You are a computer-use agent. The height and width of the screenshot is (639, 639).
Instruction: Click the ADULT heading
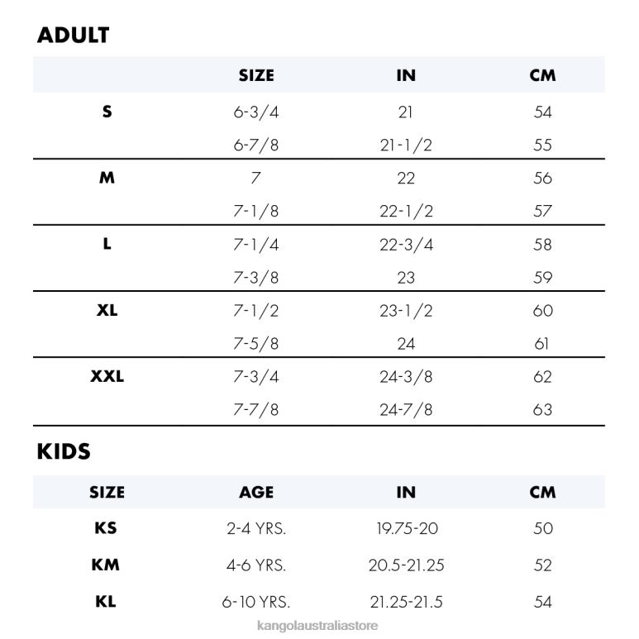pos(74,36)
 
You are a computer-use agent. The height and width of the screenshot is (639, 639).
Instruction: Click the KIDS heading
pos(64,452)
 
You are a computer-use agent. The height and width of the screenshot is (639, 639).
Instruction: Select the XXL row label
pos(107,377)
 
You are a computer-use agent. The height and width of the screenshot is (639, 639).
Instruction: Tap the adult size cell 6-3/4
pos(256,112)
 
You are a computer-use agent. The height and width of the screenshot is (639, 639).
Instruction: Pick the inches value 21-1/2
pos(406,145)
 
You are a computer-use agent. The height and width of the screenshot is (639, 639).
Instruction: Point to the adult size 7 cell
pos(256,179)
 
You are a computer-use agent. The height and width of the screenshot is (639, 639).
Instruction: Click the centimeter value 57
pos(543,212)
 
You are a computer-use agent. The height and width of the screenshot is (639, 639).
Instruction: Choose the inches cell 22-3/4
pos(406,245)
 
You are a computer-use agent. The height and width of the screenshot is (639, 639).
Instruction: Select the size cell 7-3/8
pos(256,278)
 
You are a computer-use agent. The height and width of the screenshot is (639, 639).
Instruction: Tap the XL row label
pos(107,311)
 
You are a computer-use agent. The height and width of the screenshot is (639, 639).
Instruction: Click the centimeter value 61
pos(543,344)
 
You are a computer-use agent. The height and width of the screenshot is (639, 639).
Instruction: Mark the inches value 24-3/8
pos(406,377)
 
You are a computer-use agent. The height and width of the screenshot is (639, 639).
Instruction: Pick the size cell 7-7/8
pos(256,410)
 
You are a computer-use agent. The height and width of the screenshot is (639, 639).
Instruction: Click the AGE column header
pos(256,493)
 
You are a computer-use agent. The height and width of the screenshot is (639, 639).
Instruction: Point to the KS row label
pos(107,529)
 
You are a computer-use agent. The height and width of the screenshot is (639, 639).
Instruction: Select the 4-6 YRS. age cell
pos(256,565)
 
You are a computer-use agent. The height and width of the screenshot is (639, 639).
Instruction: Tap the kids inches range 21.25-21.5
pos(406,602)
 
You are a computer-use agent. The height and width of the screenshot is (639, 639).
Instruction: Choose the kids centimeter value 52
pos(543,565)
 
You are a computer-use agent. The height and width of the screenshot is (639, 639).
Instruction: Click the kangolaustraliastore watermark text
pos(319,626)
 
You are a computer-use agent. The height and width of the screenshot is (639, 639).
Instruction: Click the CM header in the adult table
pos(543,76)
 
